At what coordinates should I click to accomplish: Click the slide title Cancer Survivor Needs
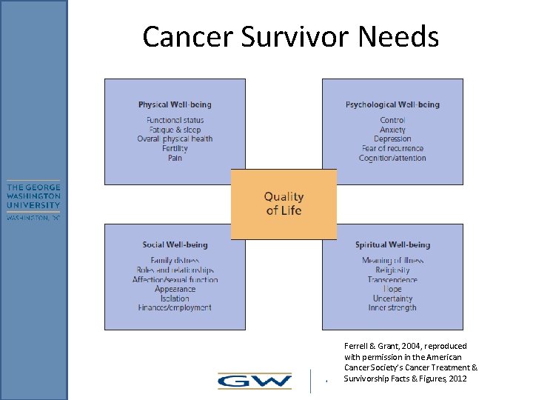[x=290, y=36]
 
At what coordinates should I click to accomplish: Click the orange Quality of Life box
[x=284, y=204]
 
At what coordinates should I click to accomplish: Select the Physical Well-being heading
[x=175, y=104]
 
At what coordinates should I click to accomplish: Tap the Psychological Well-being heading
[x=392, y=104]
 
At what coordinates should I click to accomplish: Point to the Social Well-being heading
[x=175, y=245]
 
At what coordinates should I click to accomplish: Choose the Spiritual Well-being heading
[x=392, y=245]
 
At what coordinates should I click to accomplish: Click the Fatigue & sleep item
[x=175, y=130]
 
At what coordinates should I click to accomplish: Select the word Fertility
[x=175, y=148]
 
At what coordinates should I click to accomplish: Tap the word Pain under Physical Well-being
[x=175, y=158]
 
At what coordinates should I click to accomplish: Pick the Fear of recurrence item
[x=392, y=148]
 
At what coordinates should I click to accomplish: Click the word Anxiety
[x=392, y=130]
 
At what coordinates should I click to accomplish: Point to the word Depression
[x=392, y=139]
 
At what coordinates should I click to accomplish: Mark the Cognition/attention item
[x=392, y=158]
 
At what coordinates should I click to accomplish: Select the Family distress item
[x=175, y=261]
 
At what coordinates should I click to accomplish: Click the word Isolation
[x=175, y=299]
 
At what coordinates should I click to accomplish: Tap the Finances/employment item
[x=175, y=307]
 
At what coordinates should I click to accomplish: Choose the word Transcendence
[x=392, y=280]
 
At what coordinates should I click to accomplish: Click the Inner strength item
[x=392, y=307]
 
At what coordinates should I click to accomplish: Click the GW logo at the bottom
[x=254, y=381]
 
